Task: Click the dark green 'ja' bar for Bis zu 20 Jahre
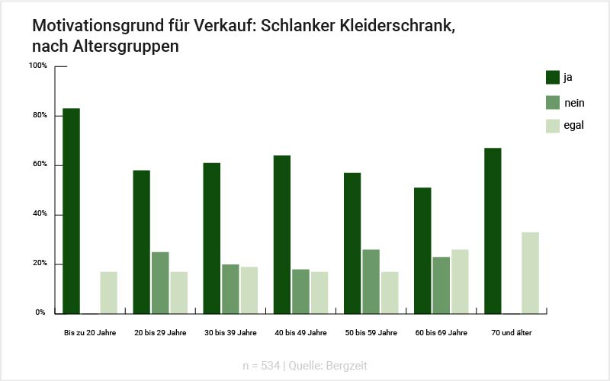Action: tap(72, 210)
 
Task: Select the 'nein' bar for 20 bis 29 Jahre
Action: tap(160, 282)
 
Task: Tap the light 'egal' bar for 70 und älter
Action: tap(530, 272)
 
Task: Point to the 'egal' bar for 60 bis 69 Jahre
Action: tap(460, 280)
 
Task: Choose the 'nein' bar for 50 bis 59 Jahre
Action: tap(371, 280)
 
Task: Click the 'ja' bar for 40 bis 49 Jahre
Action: tap(282, 234)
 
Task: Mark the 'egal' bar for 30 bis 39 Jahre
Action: tap(249, 290)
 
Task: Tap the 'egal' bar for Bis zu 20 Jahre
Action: tap(109, 292)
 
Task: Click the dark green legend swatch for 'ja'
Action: tap(553, 78)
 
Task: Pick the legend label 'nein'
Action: tap(573, 103)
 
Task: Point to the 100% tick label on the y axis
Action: tap(38, 66)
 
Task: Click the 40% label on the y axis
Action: tap(40, 214)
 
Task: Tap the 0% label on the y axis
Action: tap(41, 312)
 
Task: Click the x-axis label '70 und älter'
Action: tap(512, 333)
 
